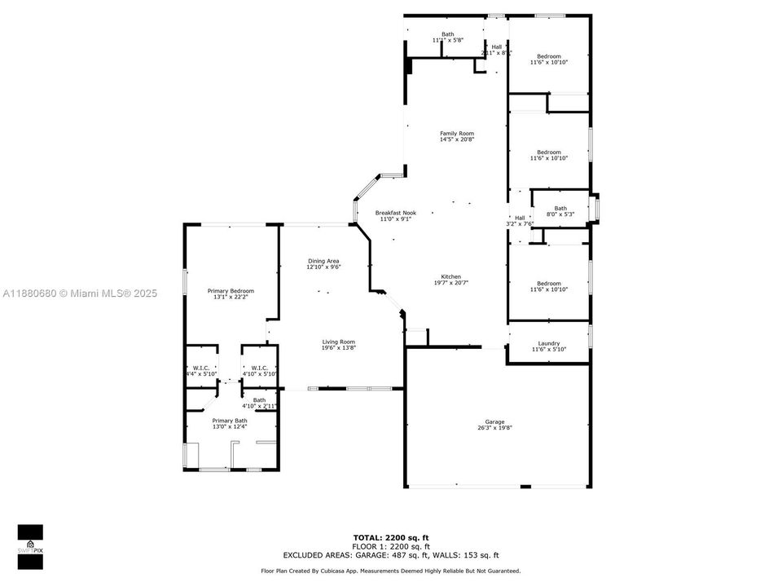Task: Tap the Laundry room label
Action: tap(549, 343)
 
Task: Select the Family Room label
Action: tap(457, 133)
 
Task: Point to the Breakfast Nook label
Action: tap(395, 213)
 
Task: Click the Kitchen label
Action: tap(451, 276)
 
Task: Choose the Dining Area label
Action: tap(323, 261)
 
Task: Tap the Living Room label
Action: tap(338, 342)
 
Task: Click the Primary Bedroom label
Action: tap(231, 291)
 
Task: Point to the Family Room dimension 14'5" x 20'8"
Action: tap(457, 139)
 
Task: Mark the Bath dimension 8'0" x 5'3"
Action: tap(560, 214)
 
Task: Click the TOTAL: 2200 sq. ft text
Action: tap(391, 537)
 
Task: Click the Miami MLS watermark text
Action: tap(80, 293)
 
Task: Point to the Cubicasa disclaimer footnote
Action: tap(391, 572)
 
